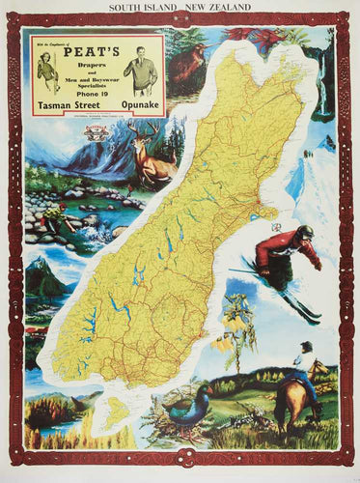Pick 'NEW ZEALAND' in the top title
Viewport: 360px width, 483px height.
(x=217, y=7)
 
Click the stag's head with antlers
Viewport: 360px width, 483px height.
(x=145, y=145)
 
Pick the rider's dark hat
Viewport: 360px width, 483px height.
(x=306, y=346)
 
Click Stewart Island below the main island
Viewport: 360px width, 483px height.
(x=116, y=415)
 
